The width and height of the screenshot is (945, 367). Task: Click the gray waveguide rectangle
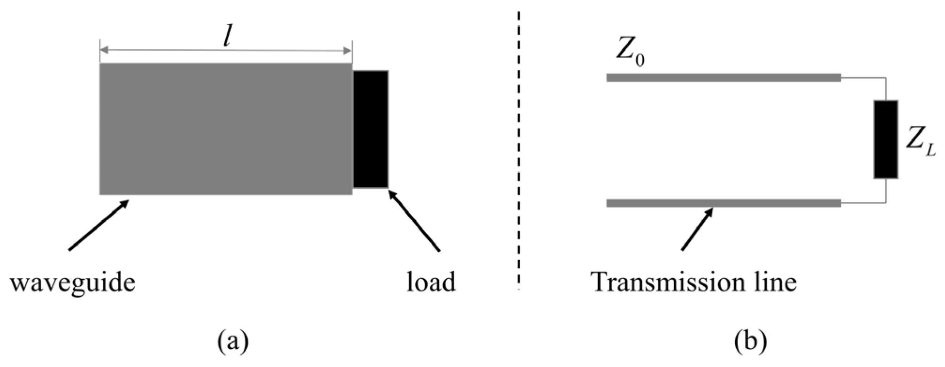coord(225,129)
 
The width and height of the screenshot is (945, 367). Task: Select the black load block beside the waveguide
coord(371,129)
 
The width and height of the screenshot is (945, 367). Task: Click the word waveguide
coord(73,283)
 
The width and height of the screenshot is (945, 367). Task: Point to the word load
coord(431,283)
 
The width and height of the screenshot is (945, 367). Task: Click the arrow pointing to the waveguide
coord(99,225)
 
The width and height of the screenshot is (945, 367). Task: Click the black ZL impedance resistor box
coord(885,139)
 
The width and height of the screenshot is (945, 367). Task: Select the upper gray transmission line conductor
coord(723,77)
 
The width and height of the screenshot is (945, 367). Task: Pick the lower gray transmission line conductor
coord(723,203)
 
